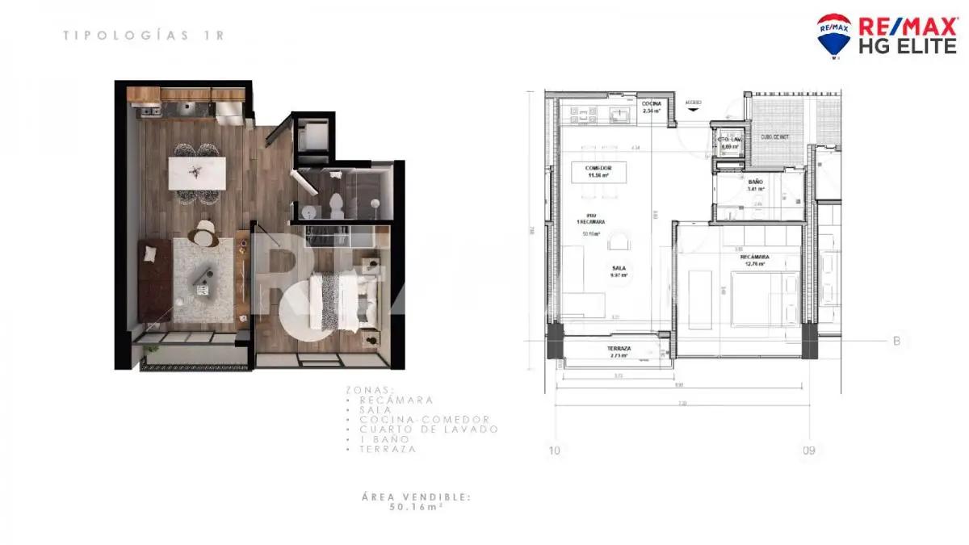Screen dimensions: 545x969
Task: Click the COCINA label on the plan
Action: click(x=652, y=105)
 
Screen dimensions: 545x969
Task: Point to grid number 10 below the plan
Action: click(x=553, y=451)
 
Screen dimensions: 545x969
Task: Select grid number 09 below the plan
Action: click(x=807, y=451)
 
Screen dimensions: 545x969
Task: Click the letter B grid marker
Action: click(x=896, y=342)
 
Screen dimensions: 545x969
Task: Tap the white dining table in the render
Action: click(x=195, y=171)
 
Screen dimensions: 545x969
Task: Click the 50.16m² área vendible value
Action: click(x=416, y=508)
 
